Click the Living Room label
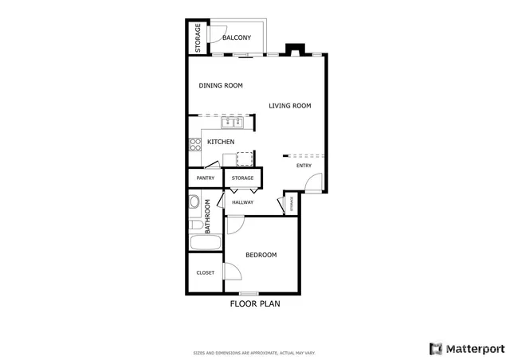(x=289, y=105)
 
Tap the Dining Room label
(x=221, y=85)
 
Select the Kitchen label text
(x=221, y=142)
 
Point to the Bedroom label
(x=261, y=255)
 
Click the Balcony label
(x=237, y=38)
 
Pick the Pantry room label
(x=206, y=178)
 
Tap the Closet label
(x=206, y=272)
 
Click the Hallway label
(x=243, y=202)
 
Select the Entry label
(x=304, y=166)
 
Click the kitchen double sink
(x=231, y=123)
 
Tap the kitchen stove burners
(x=194, y=144)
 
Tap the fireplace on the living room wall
(x=294, y=50)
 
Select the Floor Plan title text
(x=255, y=303)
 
